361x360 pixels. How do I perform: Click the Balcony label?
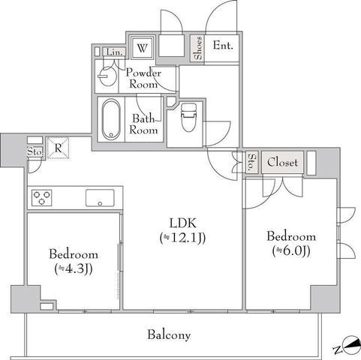tap(169, 335)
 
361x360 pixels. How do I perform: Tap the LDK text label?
tap(183, 223)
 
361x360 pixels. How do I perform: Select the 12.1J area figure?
tap(183, 238)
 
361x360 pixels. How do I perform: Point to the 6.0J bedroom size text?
tap(291, 251)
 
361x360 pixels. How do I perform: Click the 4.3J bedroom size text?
tap(74, 269)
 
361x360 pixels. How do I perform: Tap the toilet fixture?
tap(188, 117)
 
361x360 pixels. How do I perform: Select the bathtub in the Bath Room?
tap(111, 119)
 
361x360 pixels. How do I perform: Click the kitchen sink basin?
tap(100, 198)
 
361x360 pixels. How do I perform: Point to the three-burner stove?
tap(42, 198)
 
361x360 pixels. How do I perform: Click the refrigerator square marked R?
tap(58, 148)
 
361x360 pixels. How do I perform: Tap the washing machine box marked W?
tap(142, 48)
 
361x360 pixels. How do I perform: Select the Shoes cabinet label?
tap(198, 48)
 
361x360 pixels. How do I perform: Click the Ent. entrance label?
tap(223, 46)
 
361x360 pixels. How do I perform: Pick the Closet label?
tap(282, 163)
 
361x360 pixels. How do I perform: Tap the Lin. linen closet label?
tap(115, 52)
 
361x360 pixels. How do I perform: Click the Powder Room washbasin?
tap(107, 76)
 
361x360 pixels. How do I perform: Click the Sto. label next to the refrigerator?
tap(35, 151)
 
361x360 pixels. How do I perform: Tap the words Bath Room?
tap(143, 124)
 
